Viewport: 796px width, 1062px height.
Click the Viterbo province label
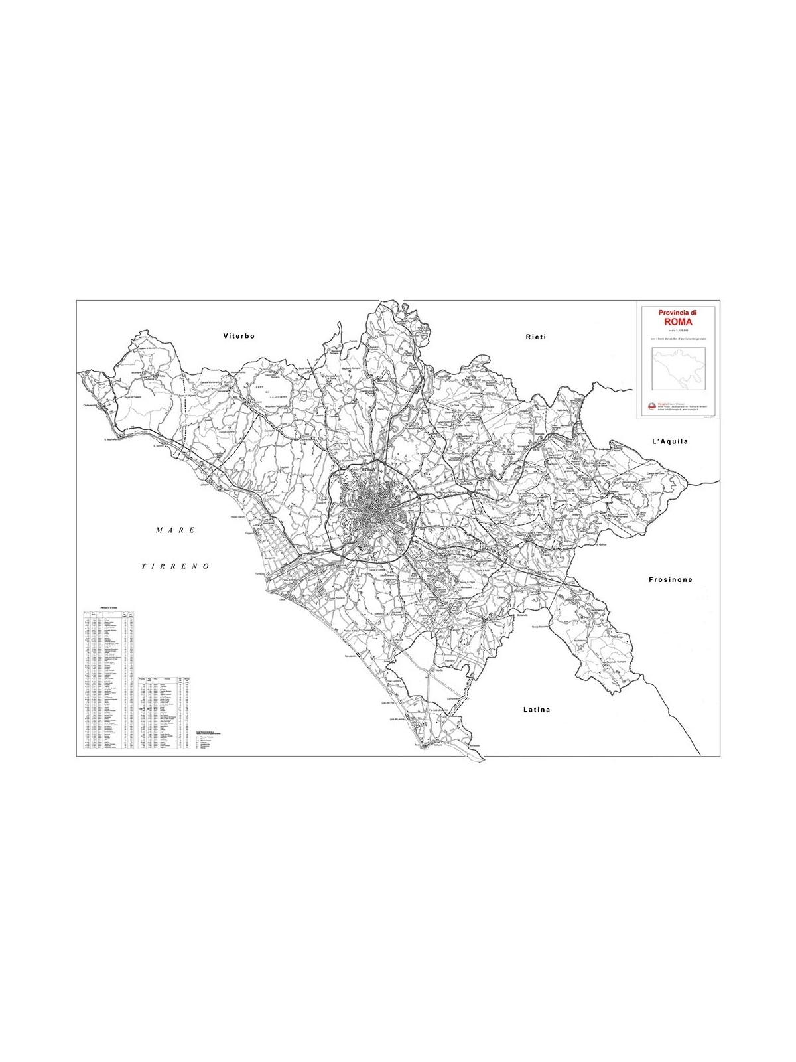[x=239, y=337]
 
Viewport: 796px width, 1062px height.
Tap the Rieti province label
[x=535, y=337]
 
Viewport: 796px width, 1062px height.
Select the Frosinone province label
[x=670, y=579]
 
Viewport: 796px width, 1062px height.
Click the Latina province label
[x=537, y=709]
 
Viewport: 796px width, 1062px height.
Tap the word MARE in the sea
[x=176, y=530]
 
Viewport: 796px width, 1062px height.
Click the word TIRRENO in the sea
[x=176, y=566]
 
